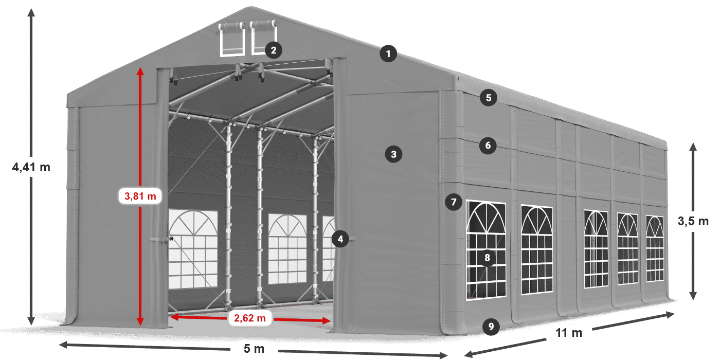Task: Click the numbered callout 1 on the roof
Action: coord(388,53)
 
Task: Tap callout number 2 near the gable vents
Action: coord(274,50)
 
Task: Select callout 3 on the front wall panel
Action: coord(393,154)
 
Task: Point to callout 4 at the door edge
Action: coord(340,239)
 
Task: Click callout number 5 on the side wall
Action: coord(489,98)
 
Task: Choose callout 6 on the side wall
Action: coord(488,146)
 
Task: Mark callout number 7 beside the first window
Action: coord(454,202)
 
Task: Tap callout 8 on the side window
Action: coord(487,258)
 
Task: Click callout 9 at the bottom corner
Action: coord(491,327)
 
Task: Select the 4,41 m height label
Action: coord(31,167)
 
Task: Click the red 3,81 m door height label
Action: coord(140,196)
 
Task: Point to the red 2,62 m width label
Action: coord(250,318)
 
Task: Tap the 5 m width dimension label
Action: coord(254,349)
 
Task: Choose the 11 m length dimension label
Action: coord(569,333)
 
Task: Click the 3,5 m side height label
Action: coord(693,221)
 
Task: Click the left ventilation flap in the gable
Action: coord(232,40)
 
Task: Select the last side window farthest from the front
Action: coord(655,248)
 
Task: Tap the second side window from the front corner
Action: coord(537,249)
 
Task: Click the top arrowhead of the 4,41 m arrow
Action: coord(31,13)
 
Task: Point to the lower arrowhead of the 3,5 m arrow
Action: coord(693,296)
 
